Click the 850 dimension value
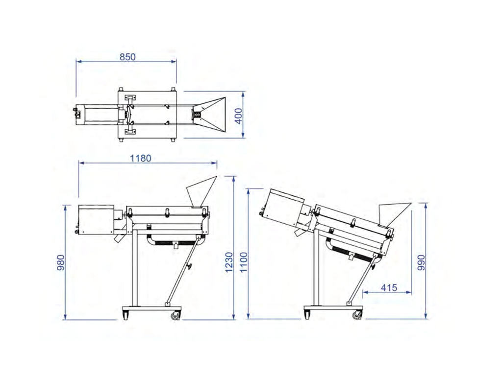coord(127,57)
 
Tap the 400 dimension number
coord(239,116)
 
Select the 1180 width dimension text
coord(141,158)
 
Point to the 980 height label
coord(61,262)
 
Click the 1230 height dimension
coord(229,262)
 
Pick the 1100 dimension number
coord(244,262)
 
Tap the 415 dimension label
coord(389,288)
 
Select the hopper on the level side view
coord(200,191)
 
